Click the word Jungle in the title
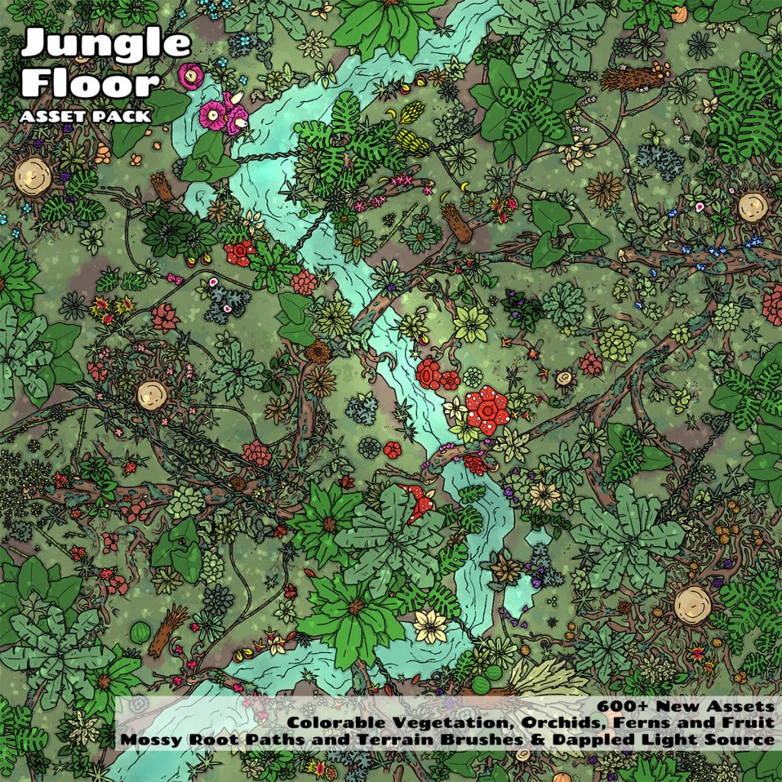click(x=105, y=44)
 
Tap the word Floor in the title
click(x=90, y=82)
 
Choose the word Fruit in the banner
click(x=748, y=723)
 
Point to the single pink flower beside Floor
click(x=189, y=74)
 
